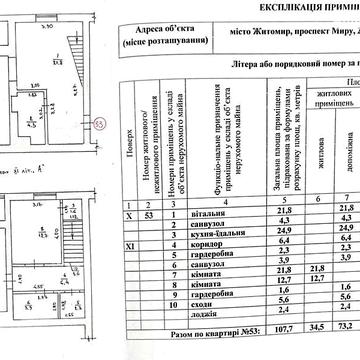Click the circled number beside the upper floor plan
[x=98, y=123]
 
